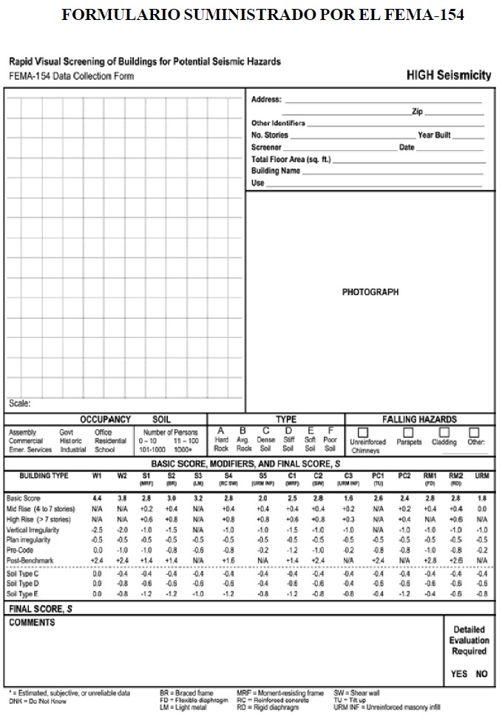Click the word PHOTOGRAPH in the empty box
coord(370,292)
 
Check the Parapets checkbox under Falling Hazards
coord(408,432)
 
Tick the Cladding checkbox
coord(444,432)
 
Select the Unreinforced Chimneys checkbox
coord(363,432)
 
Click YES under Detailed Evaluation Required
coord(459,674)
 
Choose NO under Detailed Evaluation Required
coord(481,674)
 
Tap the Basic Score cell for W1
coord(97,499)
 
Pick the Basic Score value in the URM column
coord(482,499)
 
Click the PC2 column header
coord(404,476)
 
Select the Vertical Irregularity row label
coord(33,530)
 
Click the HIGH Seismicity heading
coord(448,75)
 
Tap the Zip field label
coord(417,112)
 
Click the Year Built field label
coord(434,135)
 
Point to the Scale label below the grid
coord(20,404)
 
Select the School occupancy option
coord(105,450)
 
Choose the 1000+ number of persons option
coord(183,450)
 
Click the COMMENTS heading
coord(32,623)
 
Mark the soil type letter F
coord(330,431)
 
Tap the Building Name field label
coord(275,171)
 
